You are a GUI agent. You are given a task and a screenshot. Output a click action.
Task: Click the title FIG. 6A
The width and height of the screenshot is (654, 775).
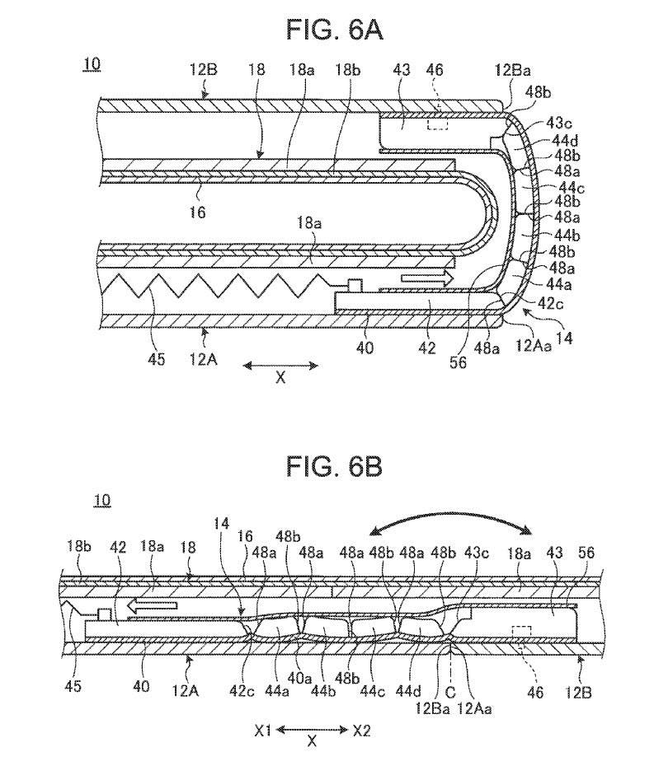point(334,30)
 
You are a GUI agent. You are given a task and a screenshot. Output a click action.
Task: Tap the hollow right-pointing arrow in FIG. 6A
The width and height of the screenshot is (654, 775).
point(428,279)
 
